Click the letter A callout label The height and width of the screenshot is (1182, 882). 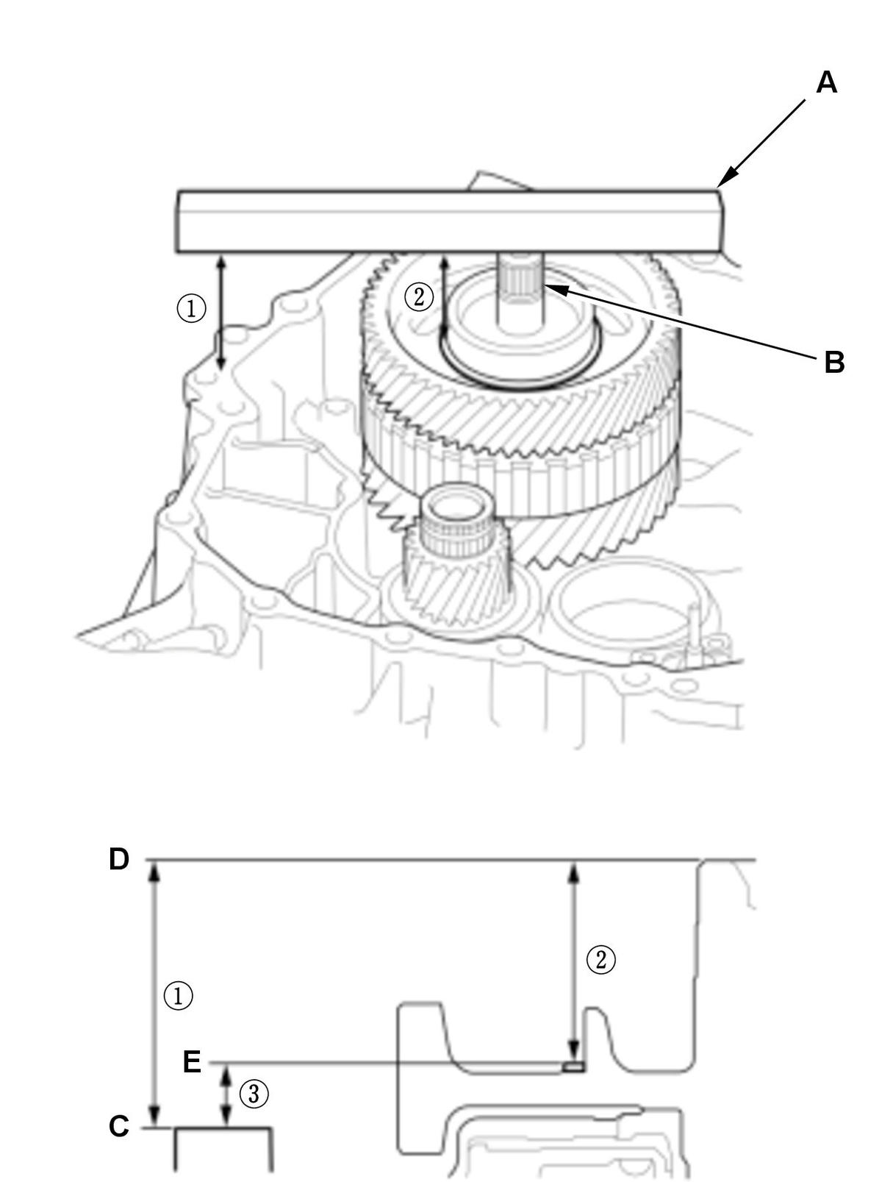coord(826,83)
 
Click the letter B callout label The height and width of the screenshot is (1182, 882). coord(834,363)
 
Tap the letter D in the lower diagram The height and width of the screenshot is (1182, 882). coord(119,859)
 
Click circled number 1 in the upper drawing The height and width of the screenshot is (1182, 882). coord(191,309)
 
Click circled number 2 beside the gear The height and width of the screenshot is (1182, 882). coord(419,296)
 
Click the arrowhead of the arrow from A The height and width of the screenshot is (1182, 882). coord(724,181)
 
